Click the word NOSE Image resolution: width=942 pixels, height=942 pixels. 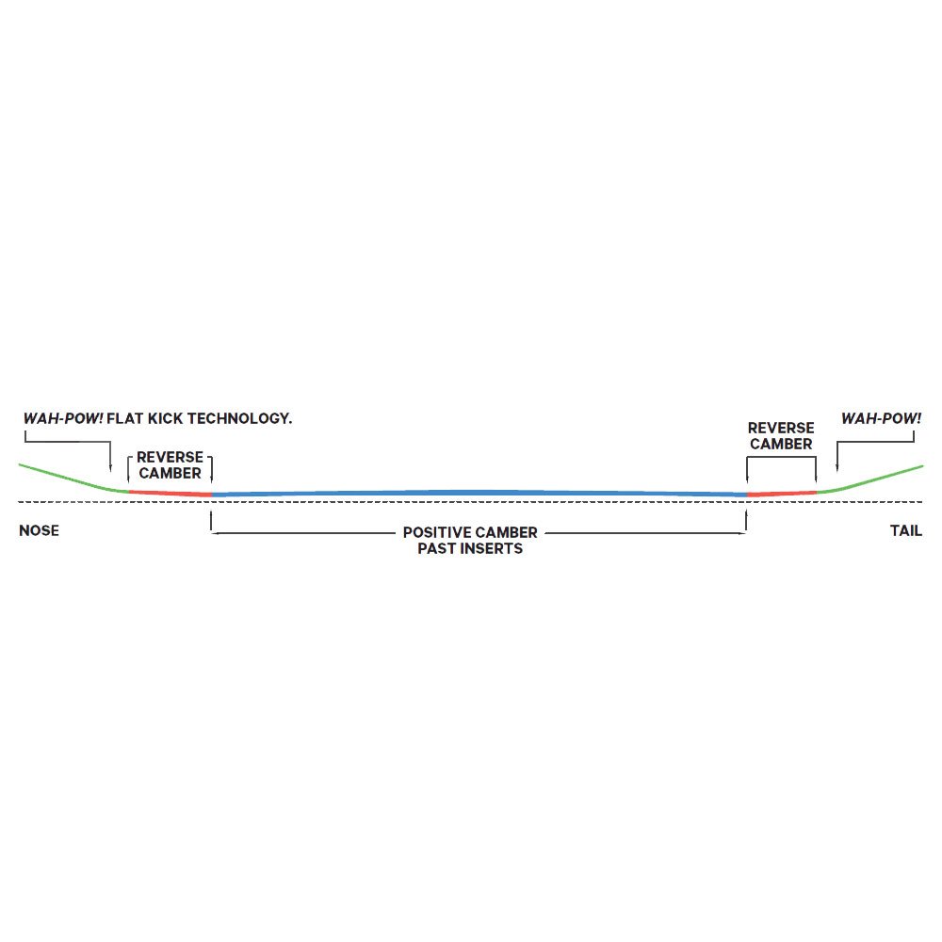point(39,530)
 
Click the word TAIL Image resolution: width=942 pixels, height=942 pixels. point(906,530)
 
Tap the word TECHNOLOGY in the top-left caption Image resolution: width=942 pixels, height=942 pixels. point(239,418)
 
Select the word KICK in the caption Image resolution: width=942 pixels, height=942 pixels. point(166,418)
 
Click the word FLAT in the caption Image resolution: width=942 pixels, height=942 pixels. point(125,418)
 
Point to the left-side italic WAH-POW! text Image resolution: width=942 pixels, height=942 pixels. point(63,418)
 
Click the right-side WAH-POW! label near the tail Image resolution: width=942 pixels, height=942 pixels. point(882,418)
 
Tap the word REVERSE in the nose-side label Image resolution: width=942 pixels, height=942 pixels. point(170,457)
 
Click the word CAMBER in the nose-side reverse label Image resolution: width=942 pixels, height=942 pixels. point(170,474)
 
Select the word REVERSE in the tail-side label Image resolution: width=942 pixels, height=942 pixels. point(781,428)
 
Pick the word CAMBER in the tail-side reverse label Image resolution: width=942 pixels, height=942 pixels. point(781,444)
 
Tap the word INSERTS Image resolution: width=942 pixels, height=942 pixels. point(491,548)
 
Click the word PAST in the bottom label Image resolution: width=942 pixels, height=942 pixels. point(436,548)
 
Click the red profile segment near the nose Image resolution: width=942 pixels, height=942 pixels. point(170,494)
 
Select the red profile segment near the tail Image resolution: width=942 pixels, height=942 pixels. point(782,494)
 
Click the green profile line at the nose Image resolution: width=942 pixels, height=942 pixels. point(73,479)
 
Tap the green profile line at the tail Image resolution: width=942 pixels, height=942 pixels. point(869,479)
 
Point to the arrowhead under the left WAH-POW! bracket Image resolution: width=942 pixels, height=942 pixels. point(110,468)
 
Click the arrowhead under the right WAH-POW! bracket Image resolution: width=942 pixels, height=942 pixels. point(836,468)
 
